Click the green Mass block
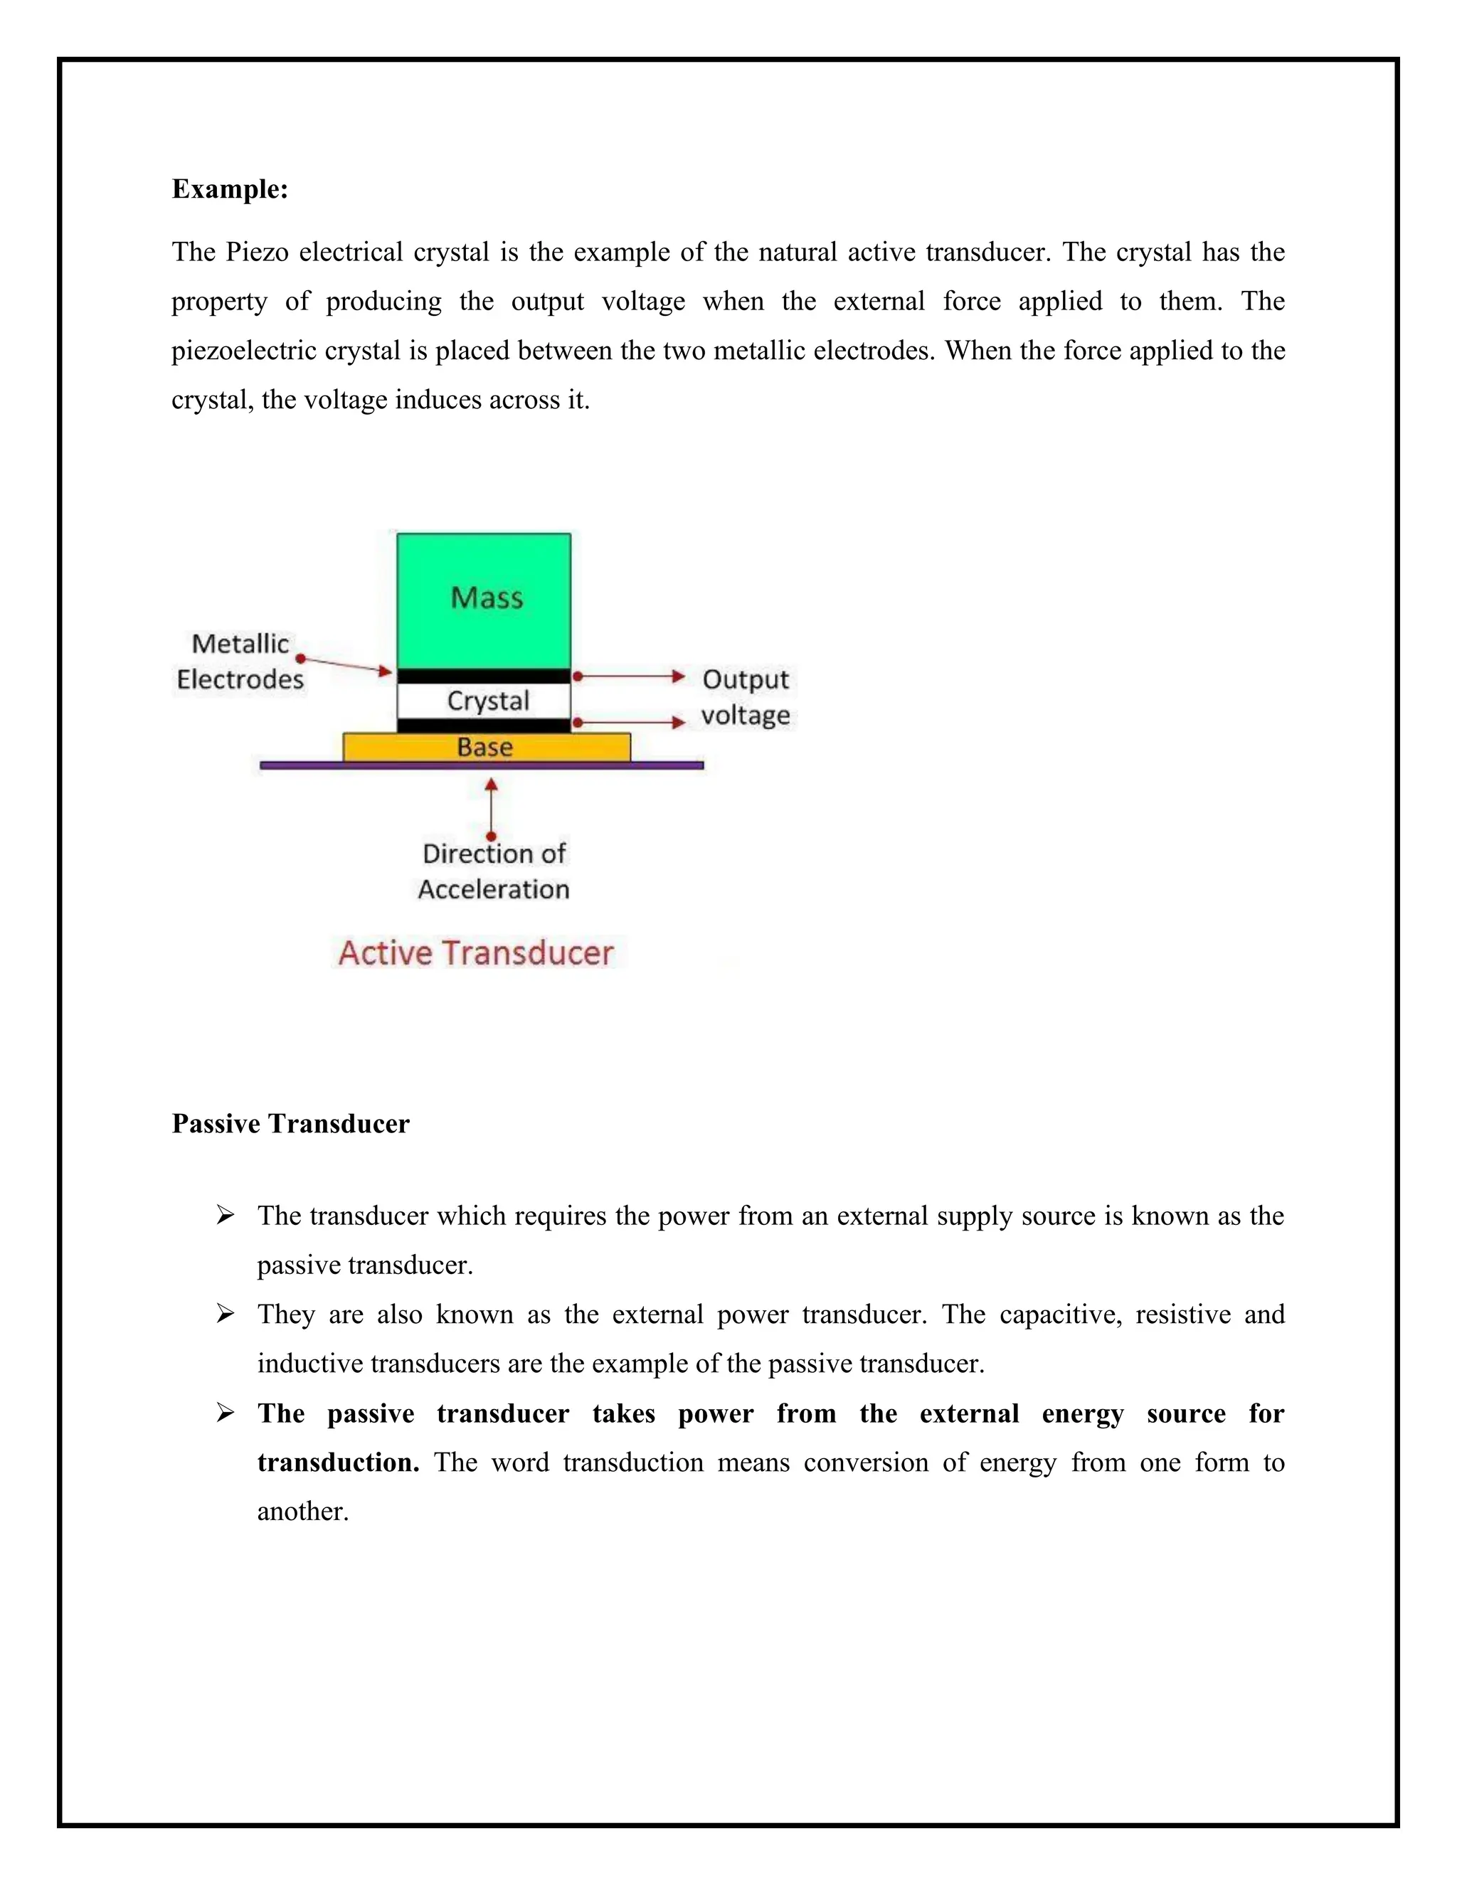483,599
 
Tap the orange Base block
486,747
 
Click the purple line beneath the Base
481,765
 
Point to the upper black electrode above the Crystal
483,676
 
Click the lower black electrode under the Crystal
483,725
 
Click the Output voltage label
745,697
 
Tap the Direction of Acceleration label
494,871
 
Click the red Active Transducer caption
476,953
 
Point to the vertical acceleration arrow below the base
491,808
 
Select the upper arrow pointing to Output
630,676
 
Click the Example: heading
230,189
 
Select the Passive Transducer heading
290,1124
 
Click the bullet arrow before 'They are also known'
226,1315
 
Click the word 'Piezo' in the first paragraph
255,252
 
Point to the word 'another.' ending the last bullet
303,1512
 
